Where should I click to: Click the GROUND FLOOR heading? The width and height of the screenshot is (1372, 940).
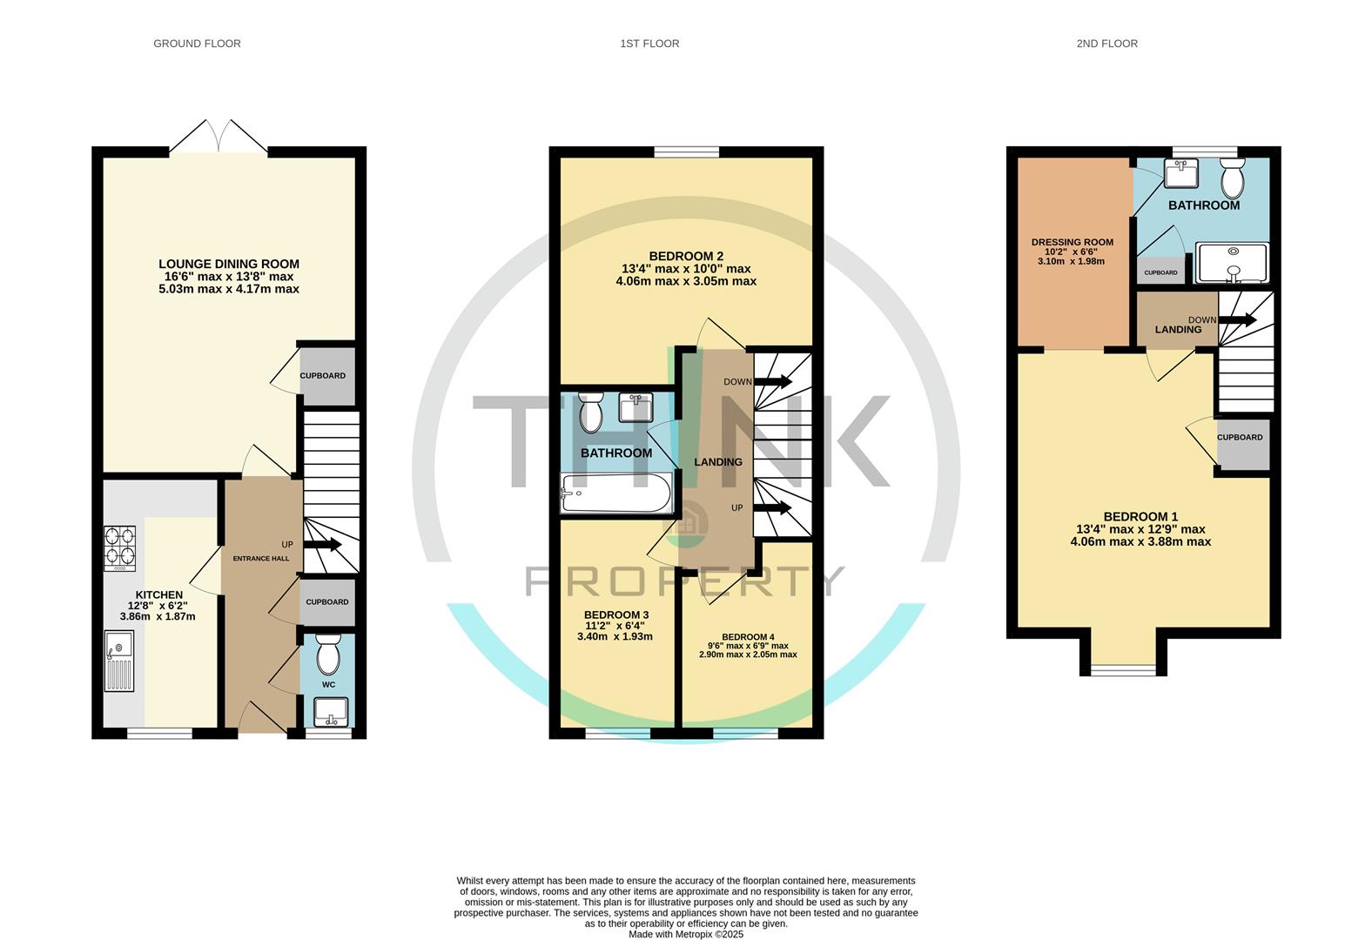(197, 44)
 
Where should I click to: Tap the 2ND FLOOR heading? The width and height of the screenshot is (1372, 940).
(1106, 44)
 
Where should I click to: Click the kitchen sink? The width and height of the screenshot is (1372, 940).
(119, 660)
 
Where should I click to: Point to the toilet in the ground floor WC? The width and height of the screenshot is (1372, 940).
(328, 655)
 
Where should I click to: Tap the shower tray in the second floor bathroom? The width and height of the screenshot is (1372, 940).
(1232, 263)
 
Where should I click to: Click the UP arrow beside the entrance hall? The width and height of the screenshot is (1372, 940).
(322, 545)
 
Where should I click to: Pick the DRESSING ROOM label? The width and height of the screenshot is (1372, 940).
(1072, 243)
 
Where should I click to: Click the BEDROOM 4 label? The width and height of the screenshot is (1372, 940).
(748, 637)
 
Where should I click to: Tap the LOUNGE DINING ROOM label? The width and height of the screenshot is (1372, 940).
(229, 264)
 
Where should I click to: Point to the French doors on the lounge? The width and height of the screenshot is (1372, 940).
(219, 139)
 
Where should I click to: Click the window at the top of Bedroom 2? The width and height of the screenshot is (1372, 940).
(687, 152)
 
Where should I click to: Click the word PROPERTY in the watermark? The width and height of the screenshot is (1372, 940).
(685, 581)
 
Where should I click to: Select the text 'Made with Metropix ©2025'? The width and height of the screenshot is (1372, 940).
(686, 934)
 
